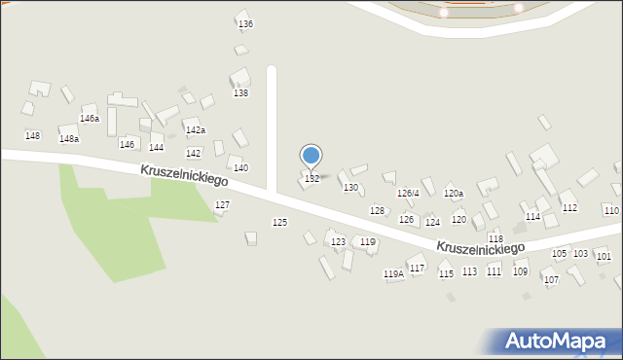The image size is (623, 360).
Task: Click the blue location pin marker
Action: coord(311,156)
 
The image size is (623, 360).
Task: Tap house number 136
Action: coord(245,23)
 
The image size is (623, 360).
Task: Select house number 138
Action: coord(240,93)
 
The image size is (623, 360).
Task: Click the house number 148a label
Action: coord(68,139)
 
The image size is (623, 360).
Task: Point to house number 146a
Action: coord(90,119)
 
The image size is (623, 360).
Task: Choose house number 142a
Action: coord(196,130)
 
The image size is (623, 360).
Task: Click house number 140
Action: coord(240,168)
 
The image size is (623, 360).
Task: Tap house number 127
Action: coord(222,205)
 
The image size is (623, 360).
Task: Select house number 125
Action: coord(279,223)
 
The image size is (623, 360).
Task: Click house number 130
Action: coord(351,187)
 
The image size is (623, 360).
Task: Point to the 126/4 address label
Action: coord(408,194)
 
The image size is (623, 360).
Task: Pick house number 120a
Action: coord(454,194)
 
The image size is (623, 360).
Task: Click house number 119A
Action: coord(393,274)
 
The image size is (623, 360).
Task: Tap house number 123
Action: coord(338,242)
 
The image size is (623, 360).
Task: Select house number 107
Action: coord(551,280)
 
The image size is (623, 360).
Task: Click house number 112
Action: coord(570,208)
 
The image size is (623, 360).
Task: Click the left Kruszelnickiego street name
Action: coord(183,175)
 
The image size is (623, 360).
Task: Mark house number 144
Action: coord(156,148)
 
